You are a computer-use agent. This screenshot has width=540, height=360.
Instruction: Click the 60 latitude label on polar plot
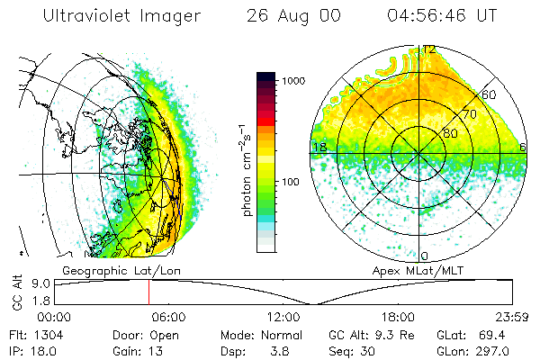pos(490,94)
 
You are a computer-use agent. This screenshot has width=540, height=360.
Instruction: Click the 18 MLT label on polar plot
pos(318,147)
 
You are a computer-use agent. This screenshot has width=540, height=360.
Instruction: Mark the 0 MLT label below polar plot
pos(425,256)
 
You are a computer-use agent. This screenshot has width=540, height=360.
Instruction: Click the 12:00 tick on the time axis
pos(283,316)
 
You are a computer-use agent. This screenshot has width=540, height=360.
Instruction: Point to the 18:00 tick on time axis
pos(397,316)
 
